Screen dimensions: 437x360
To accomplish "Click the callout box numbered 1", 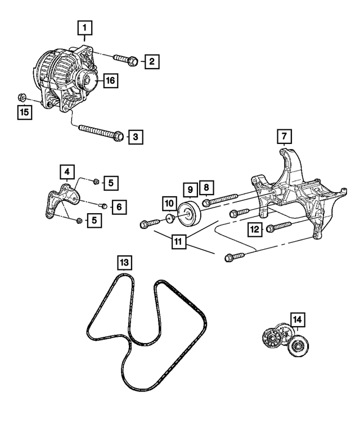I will click(x=85, y=27).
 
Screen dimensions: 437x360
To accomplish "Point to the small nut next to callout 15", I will click(x=20, y=96).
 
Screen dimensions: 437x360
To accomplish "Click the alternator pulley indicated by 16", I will click(x=88, y=82).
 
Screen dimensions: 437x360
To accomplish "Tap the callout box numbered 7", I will click(x=285, y=136).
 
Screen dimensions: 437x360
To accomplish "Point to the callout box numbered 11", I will click(x=179, y=242).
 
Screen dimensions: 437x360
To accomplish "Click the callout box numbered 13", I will click(x=124, y=263).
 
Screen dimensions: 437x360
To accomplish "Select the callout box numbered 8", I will click(x=206, y=187).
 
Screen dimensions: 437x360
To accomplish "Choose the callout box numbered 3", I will click(x=135, y=136).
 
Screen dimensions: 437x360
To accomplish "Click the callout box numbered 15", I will click(x=24, y=112).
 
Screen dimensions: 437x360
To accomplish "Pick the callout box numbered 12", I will click(x=255, y=228).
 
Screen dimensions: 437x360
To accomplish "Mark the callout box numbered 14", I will click(x=297, y=320).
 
